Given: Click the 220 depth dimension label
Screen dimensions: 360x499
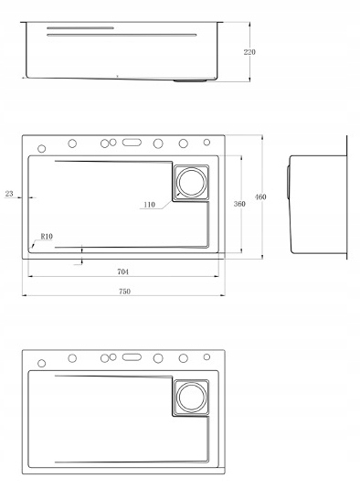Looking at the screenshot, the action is coord(249,52).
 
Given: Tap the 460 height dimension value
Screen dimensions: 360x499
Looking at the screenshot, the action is coord(260,197).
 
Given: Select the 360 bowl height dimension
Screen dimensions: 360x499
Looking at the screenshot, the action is coord(239,204).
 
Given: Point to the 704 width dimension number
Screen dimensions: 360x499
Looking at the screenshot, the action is coord(122,271).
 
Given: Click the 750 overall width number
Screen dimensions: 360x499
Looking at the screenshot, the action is coord(124,292).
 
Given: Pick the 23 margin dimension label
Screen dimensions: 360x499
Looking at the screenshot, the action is coord(9,194).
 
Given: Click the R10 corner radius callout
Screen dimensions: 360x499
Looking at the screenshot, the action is coord(47,237).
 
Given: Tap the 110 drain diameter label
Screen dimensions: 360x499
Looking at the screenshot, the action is coord(149,205).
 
